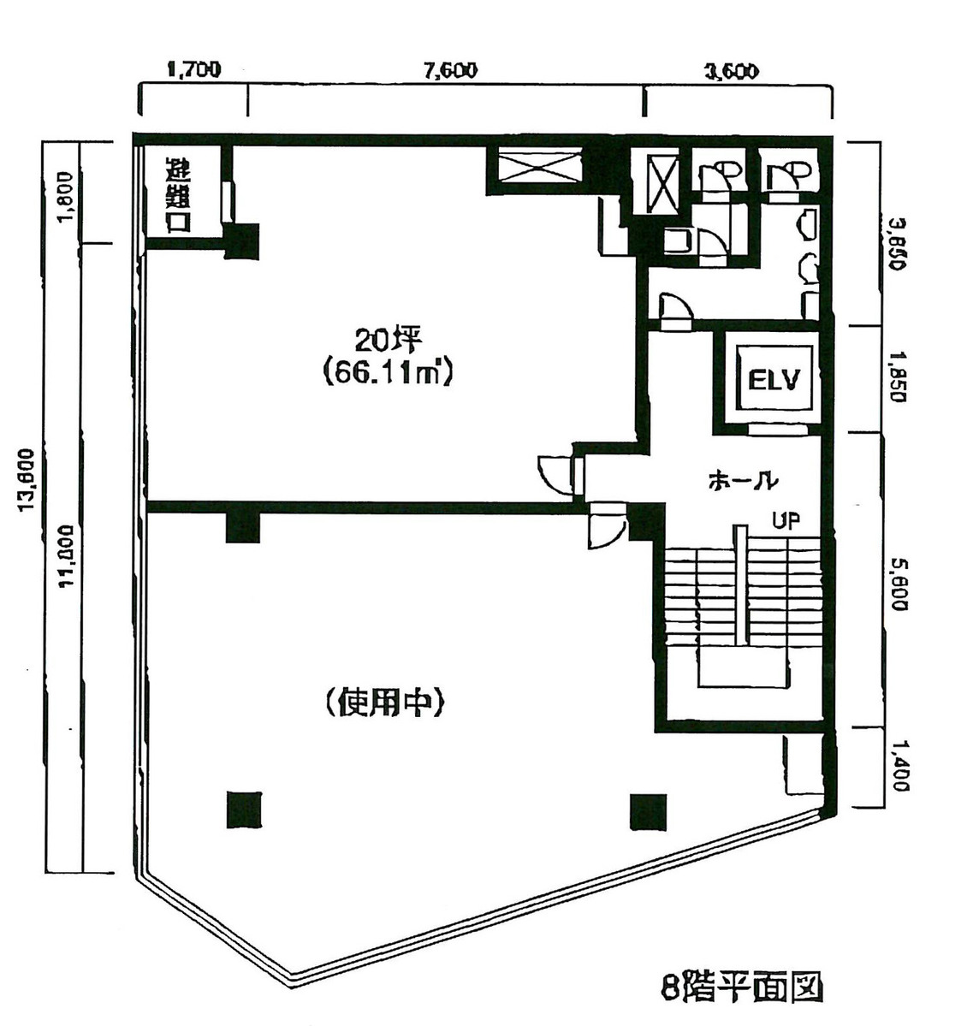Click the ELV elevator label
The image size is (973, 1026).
coord(773,379)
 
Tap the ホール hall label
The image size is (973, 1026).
coord(742,480)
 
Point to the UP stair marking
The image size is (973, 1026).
coord(786,520)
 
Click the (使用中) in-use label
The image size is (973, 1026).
coord(383,703)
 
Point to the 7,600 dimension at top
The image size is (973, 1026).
coord(450,71)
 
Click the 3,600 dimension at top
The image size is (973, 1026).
coord(731,71)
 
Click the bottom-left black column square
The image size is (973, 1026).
coord(244,810)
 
